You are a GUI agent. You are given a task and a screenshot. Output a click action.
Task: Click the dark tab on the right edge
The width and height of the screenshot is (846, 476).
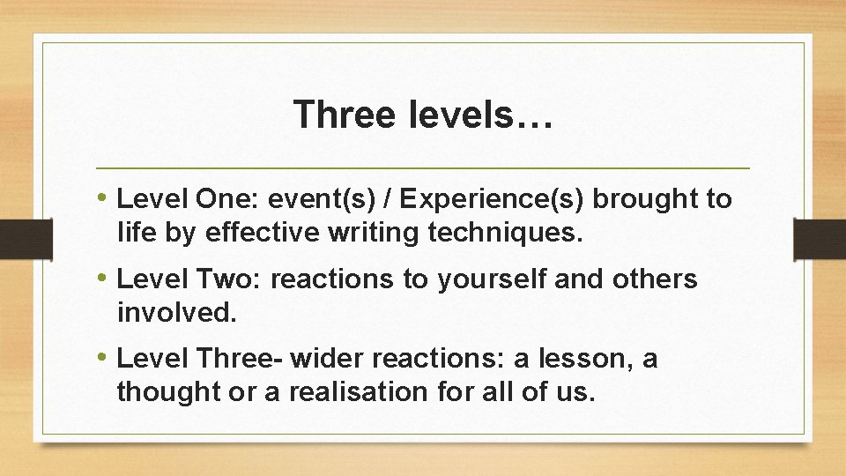[820, 239]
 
